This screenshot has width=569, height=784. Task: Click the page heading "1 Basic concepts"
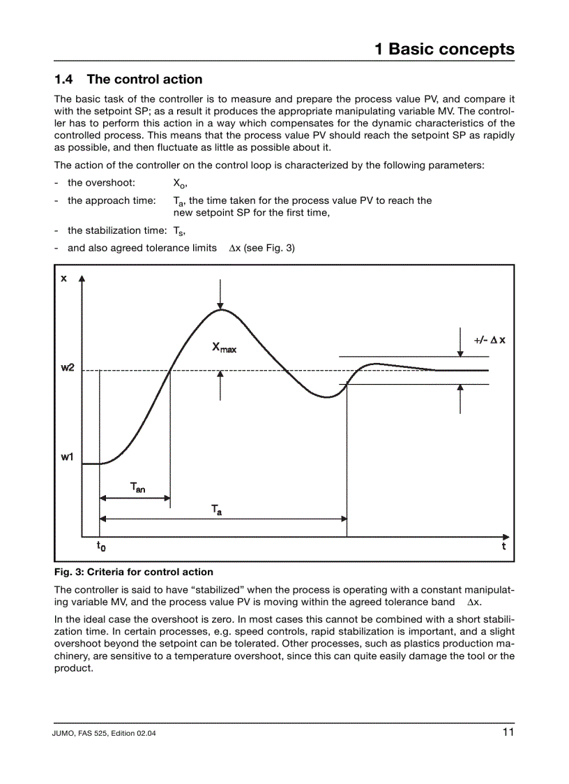[444, 49]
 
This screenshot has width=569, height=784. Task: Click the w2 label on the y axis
[68, 368]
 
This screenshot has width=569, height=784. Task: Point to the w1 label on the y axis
[68, 457]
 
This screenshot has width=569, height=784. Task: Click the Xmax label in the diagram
[224, 347]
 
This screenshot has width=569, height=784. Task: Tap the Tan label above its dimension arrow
[137, 487]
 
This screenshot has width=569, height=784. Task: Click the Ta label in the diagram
[217, 510]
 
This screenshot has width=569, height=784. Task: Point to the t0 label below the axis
[101, 546]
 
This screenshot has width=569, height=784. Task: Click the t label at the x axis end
[503, 546]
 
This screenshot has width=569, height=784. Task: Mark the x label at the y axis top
[64, 278]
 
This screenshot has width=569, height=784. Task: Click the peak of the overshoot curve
[220, 309]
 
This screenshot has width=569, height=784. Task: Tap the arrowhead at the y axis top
[83, 279]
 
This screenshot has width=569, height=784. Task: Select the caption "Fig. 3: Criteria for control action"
[134, 572]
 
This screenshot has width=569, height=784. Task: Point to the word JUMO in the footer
[66, 734]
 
